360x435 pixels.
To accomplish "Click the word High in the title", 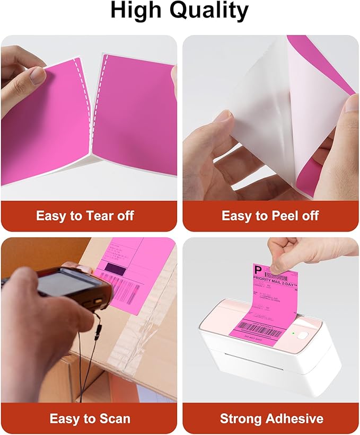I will coord(135,12).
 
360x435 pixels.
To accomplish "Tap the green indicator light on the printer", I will coord(293,333).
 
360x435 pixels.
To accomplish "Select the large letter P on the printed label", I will coord(259,270).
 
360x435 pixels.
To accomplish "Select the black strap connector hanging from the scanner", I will coord(98,333).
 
